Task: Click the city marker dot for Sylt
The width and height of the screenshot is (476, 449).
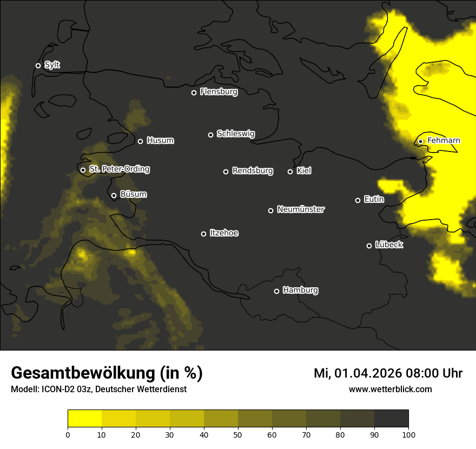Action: point(38,65)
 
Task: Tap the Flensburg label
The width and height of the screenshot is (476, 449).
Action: point(219,92)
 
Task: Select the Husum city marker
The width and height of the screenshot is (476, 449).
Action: point(140,141)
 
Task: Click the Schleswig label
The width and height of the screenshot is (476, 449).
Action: point(235,134)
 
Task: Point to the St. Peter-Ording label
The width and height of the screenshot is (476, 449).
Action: point(119,169)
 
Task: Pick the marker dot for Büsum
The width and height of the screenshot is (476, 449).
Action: point(114,195)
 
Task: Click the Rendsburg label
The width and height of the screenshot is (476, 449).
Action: point(252,171)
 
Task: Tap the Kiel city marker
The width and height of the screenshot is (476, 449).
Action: point(290,171)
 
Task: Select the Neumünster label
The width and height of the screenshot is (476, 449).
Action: point(300,209)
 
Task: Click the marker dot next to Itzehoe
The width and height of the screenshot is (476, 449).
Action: point(203,234)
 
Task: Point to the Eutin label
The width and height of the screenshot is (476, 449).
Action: point(374,200)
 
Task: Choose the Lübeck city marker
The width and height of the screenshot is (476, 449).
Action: point(369,245)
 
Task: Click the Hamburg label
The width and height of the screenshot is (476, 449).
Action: point(300,290)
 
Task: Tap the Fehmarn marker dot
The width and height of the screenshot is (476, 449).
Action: point(420,141)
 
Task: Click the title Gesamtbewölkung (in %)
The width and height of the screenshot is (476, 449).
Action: point(107,373)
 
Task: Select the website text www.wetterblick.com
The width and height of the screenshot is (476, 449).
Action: point(390,389)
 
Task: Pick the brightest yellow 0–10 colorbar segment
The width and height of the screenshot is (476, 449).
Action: point(84,419)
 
